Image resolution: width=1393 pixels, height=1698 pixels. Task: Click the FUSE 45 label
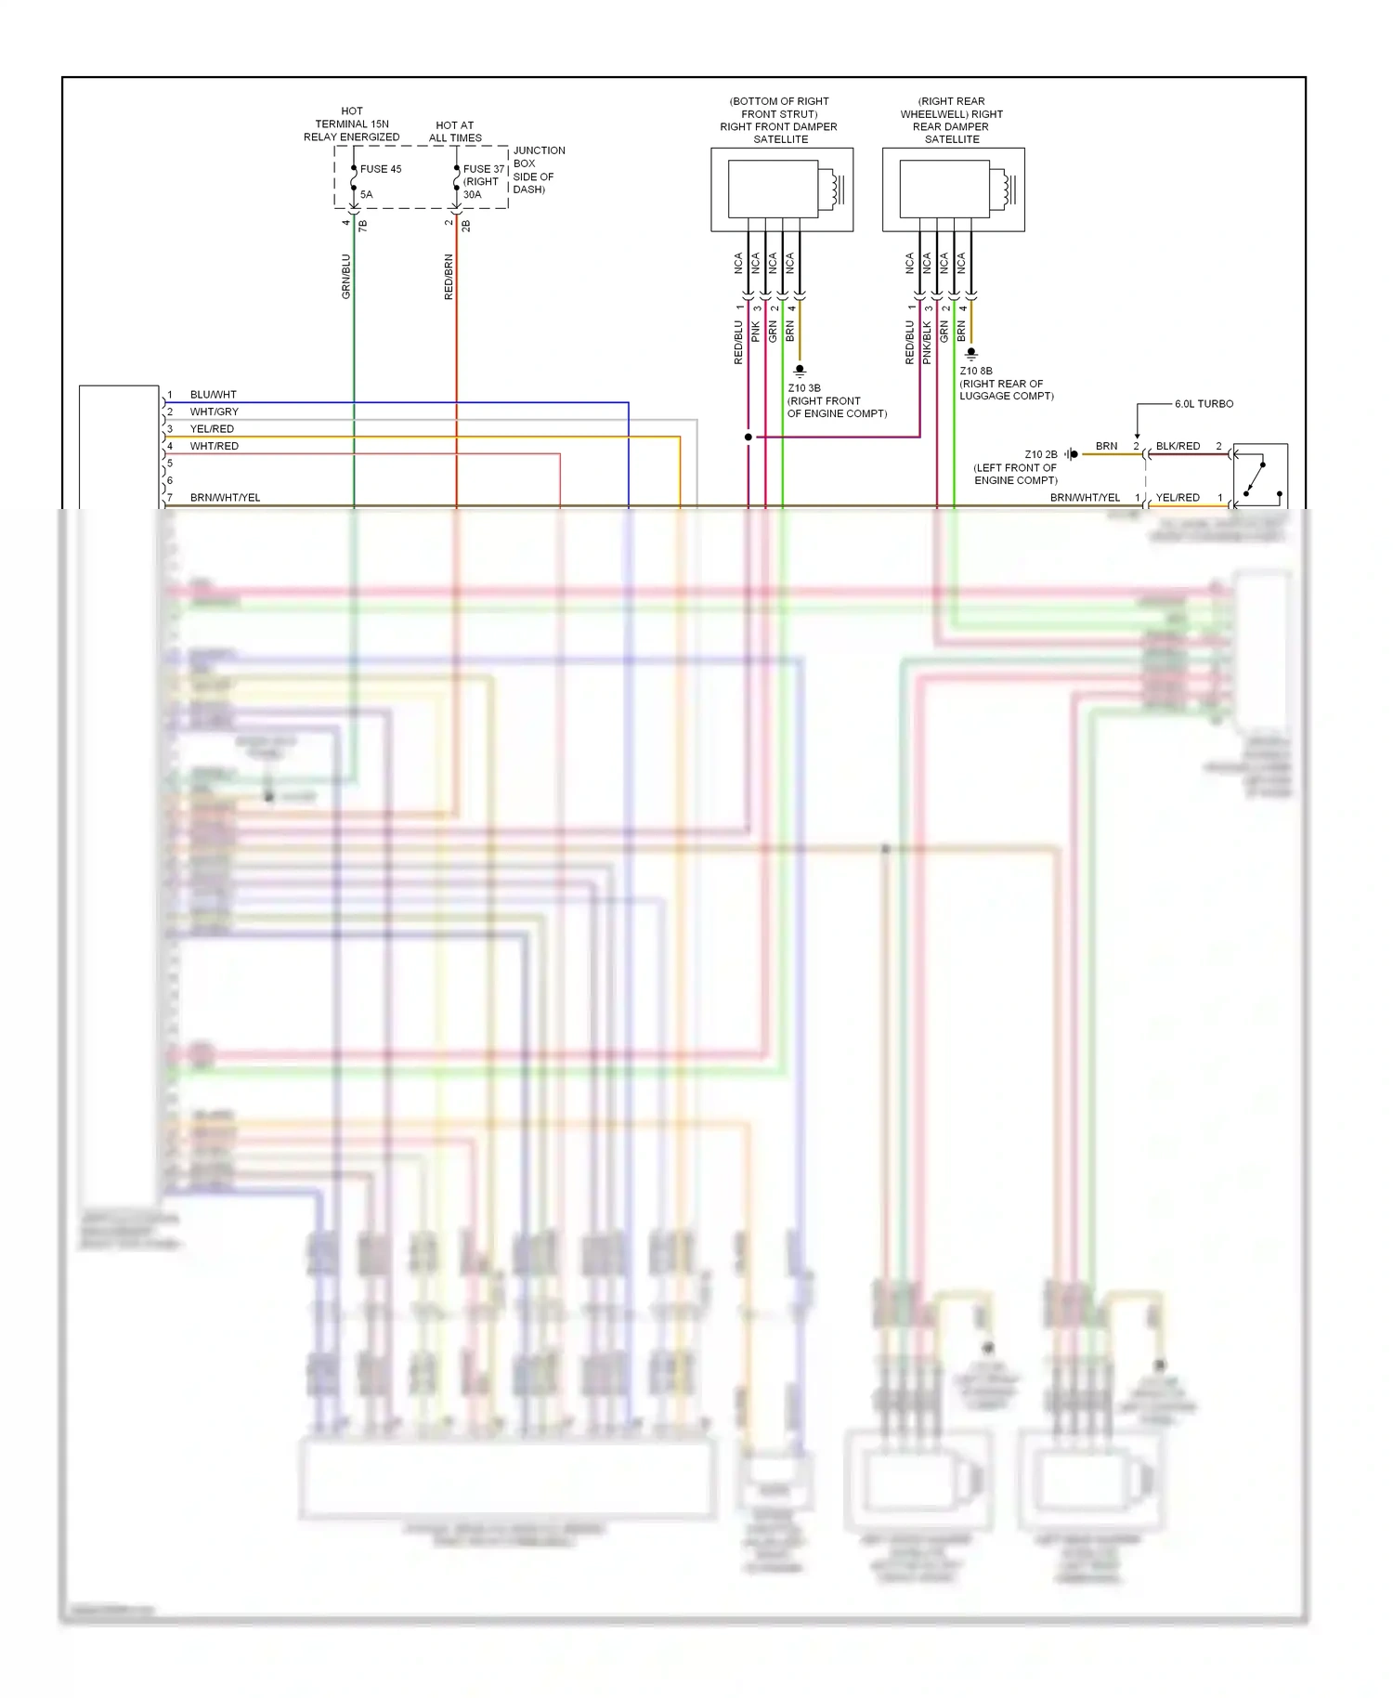click(381, 169)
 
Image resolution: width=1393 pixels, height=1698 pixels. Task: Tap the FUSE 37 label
click(484, 169)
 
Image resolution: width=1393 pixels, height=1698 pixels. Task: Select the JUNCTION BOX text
click(539, 157)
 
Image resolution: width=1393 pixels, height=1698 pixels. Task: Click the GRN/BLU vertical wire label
click(346, 276)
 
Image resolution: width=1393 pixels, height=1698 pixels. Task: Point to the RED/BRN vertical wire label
click(449, 277)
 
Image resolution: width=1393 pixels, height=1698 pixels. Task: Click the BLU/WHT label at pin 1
click(213, 395)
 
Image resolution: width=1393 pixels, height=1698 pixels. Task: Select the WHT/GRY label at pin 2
click(214, 411)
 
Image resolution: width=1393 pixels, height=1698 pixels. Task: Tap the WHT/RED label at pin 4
click(214, 446)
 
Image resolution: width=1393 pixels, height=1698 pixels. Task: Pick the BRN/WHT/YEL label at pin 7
click(225, 498)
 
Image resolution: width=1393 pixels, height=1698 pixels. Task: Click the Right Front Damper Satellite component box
click(781, 189)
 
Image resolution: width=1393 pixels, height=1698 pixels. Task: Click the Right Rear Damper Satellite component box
click(953, 189)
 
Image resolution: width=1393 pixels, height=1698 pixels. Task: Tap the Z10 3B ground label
click(804, 388)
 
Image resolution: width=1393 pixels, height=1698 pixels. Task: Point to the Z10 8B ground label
click(976, 371)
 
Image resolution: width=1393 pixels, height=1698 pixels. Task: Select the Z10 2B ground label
click(1041, 454)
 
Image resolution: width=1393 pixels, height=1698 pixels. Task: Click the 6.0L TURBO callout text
click(1204, 404)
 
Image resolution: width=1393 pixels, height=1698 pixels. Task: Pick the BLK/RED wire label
click(1178, 446)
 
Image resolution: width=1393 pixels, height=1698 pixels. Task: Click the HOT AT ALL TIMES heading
click(455, 131)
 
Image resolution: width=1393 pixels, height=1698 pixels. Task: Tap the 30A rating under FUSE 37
click(473, 195)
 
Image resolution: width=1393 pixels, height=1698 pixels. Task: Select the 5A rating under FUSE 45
click(367, 195)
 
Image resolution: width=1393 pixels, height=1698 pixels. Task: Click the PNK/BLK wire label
click(927, 342)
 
